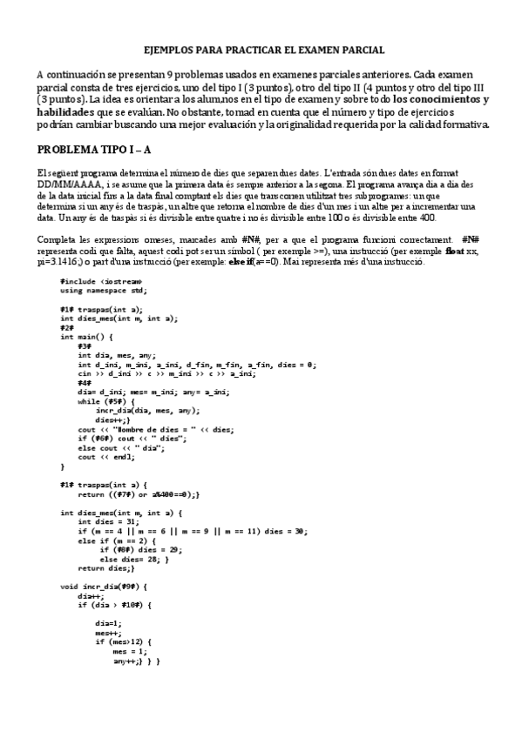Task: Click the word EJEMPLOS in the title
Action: (166, 51)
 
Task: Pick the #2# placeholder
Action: (67, 327)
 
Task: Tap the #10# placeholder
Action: (131, 605)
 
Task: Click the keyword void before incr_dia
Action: (69, 587)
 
